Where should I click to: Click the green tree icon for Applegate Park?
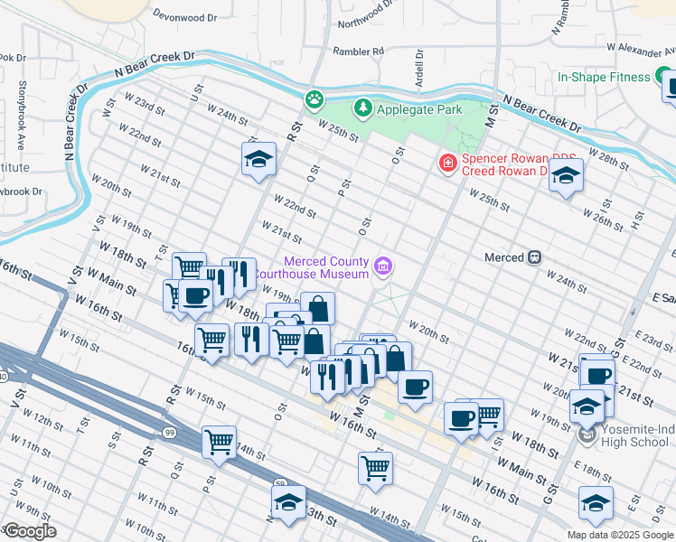coord(363,109)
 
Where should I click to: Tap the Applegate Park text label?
coord(419,109)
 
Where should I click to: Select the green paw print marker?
coord(315,98)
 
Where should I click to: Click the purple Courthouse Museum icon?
coord(383,266)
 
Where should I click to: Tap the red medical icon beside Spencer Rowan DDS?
coord(446,164)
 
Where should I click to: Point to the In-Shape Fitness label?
coord(604,77)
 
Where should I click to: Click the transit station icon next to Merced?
coord(535,257)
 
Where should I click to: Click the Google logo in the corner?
coord(30,531)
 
